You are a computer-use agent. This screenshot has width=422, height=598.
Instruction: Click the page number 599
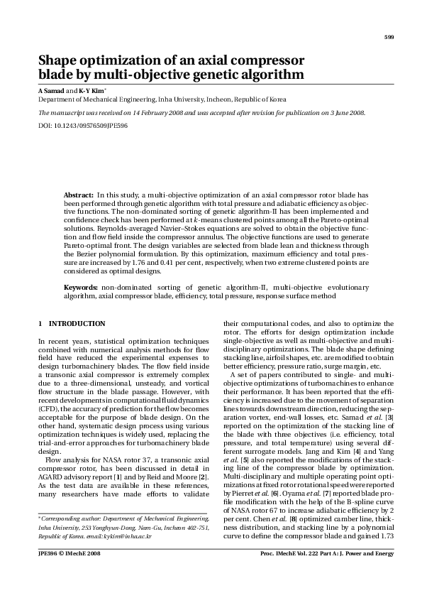coord(389,37)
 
